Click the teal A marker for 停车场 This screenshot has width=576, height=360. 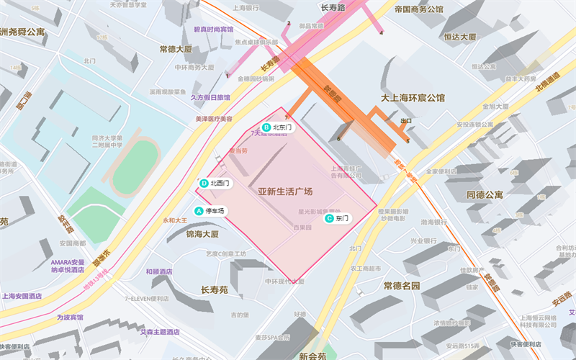pyautogui.click(x=199, y=211)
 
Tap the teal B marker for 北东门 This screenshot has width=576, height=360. pyautogui.click(x=266, y=127)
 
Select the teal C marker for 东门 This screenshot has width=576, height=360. pyautogui.click(x=329, y=217)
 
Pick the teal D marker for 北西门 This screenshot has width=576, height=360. pyautogui.click(x=204, y=184)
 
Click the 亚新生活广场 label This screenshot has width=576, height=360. pyautogui.click(x=285, y=192)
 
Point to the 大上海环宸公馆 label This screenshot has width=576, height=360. pyautogui.click(x=413, y=97)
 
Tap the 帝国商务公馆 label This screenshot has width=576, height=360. pyautogui.click(x=429, y=10)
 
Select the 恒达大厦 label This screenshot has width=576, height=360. pyautogui.click(x=460, y=37)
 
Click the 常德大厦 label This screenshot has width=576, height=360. pyautogui.click(x=176, y=50)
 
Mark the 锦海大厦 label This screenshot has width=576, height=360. pyautogui.click(x=202, y=234)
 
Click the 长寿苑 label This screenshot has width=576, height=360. pyautogui.click(x=214, y=289)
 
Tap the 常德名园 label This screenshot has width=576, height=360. pyautogui.click(x=402, y=286)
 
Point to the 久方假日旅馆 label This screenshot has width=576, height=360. pyautogui.click(x=210, y=97)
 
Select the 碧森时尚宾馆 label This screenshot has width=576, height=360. pyautogui.click(x=214, y=30)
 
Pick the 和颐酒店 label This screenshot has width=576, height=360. pyautogui.click(x=158, y=271)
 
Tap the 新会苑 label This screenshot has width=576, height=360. pyautogui.click(x=312, y=356)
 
